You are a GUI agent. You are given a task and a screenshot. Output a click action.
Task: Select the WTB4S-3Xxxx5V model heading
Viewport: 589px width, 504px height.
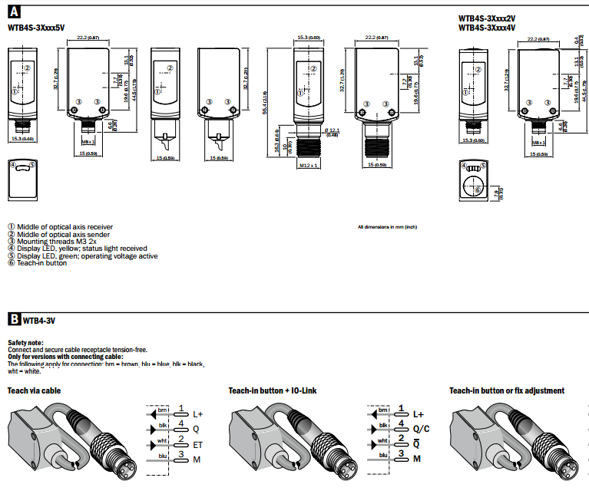click(36, 28)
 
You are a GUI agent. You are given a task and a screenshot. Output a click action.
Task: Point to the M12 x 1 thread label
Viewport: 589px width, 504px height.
click(309, 165)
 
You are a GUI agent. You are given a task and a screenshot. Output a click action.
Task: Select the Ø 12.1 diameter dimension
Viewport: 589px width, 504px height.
click(332, 131)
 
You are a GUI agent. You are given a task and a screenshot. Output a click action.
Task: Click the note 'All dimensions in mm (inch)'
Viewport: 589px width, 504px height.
click(387, 227)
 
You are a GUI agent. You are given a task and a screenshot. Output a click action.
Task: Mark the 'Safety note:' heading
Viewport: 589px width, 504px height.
click(25, 342)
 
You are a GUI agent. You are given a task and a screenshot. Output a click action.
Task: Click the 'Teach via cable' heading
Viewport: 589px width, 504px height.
click(34, 390)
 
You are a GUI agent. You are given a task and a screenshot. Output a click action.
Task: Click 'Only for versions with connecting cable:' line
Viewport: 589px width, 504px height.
click(65, 356)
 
